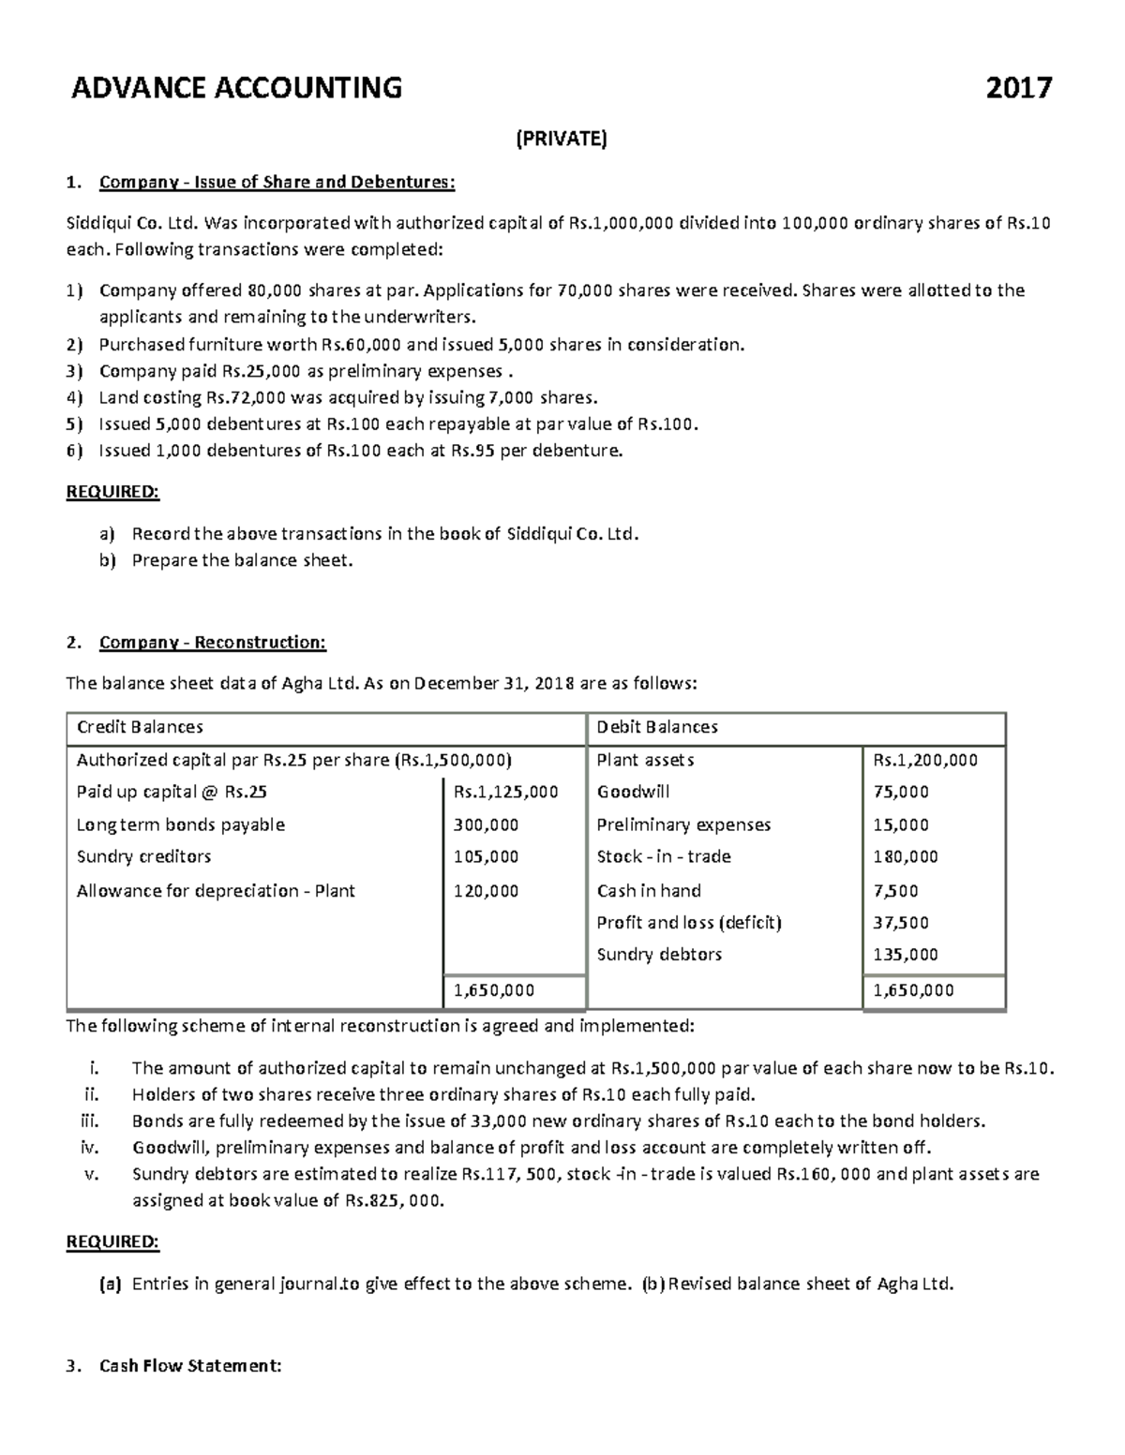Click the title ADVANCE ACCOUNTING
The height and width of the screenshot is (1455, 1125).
(x=237, y=88)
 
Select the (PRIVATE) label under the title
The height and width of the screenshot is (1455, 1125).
(x=562, y=140)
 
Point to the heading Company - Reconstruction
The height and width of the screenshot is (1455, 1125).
(x=212, y=642)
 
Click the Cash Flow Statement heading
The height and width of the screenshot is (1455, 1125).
(x=189, y=1365)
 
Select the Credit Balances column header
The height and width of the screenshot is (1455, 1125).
(x=140, y=727)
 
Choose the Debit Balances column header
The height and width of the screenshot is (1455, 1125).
(x=657, y=727)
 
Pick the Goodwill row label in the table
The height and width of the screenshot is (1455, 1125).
(x=633, y=792)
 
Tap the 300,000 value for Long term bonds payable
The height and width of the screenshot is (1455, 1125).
(x=486, y=824)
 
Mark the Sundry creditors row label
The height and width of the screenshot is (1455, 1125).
(x=143, y=856)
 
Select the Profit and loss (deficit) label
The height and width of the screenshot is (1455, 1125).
(x=689, y=922)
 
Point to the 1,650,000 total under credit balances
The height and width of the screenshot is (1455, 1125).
(x=494, y=990)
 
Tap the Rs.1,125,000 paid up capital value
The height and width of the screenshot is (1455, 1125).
(x=505, y=792)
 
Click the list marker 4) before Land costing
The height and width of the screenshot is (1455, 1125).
(x=74, y=397)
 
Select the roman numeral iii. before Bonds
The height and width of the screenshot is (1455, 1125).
(x=91, y=1121)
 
